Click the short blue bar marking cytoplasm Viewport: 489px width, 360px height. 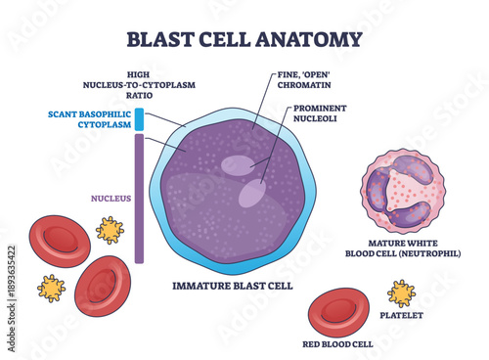[139, 119]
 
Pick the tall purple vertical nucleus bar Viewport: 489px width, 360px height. [139, 200]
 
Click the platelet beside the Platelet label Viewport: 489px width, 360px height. [402, 293]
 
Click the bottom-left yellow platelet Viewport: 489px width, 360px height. [50, 288]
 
